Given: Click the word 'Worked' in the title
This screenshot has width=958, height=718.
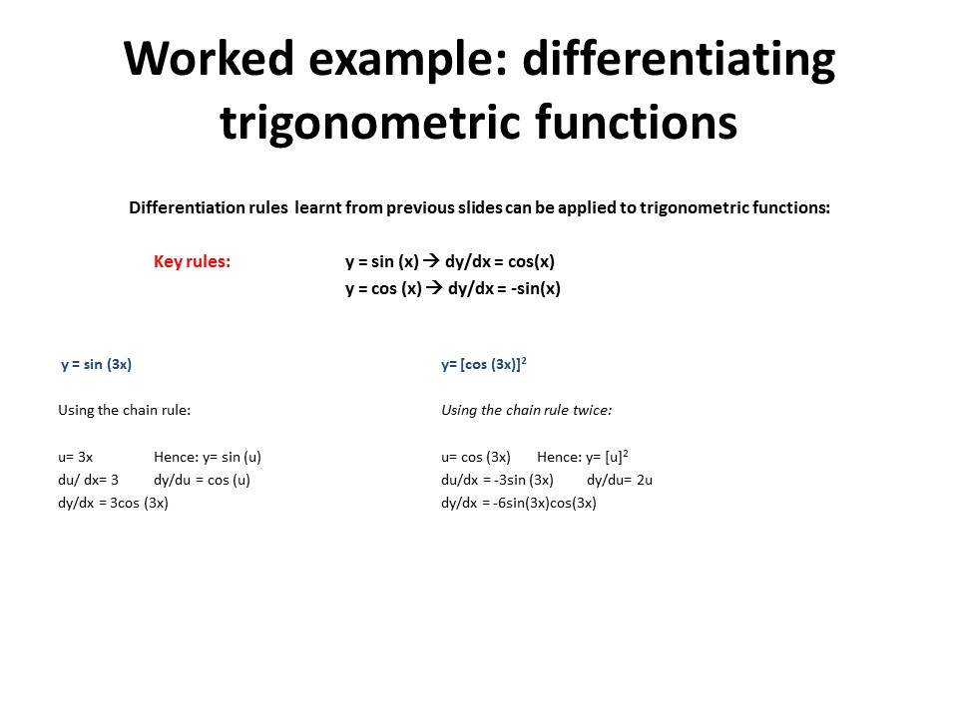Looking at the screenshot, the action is (209, 58).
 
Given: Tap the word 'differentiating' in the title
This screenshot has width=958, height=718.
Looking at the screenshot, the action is (679, 61).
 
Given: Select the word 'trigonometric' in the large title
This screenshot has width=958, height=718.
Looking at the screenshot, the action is (369, 124).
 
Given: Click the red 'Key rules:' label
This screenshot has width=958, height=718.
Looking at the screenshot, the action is (192, 261).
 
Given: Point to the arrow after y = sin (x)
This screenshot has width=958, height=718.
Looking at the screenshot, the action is (431, 260).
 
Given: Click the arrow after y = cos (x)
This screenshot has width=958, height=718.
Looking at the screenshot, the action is (434, 287).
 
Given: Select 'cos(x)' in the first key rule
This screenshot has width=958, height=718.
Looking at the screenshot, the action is (531, 262).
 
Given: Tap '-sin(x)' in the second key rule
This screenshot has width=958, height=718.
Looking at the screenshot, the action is (535, 289).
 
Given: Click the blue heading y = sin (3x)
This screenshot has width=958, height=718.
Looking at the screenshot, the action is (96, 365).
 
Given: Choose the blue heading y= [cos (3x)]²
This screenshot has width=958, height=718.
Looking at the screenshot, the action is (484, 365).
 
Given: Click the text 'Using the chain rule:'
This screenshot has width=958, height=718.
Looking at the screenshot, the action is (124, 410).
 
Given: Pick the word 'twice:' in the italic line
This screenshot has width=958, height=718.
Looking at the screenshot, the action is (592, 410).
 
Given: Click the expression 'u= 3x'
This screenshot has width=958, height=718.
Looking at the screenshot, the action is (75, 458).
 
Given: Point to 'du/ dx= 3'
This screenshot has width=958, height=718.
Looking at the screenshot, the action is (88, 480).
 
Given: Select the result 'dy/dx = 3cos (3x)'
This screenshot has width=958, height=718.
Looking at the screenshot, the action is (113, 503).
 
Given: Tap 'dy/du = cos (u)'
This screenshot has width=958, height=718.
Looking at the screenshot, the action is (202, 480).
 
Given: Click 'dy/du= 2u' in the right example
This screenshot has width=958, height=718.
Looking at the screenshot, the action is (620, 480).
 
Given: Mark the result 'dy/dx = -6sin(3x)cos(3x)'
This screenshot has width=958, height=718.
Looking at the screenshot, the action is (519, 503).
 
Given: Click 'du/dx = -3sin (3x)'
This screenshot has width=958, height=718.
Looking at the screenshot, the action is (497, 480).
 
